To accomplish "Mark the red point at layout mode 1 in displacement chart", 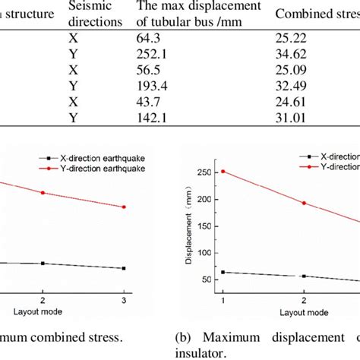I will [x=223, y=172].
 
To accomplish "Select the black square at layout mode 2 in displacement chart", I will [x=304, y=276].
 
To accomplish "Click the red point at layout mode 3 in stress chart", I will [x=124, y=207].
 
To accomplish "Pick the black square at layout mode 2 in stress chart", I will [x=43, y=264].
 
